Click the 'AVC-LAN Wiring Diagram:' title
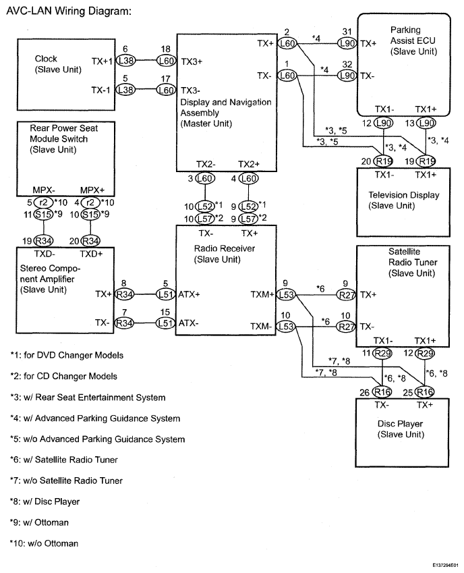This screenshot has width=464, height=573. pos(69,11)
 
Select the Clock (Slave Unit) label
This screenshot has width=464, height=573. pos(58,64)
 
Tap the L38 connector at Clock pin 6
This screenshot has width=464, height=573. pos(125,61)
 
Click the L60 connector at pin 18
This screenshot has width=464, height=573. pos(166,61)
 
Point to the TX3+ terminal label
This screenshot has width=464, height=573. pos(192,61)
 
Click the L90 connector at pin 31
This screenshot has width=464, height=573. pos(347,43)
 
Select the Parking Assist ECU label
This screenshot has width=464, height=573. pos(413,40)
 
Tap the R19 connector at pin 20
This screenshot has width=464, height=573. pos(383,161)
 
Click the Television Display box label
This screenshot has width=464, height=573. pos(403,200)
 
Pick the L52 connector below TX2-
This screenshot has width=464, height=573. pos(205,207)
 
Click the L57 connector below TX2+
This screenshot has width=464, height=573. pos(248,219)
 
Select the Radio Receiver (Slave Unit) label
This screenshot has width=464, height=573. pos(224,254)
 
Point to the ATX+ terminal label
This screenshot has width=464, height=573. pos(189,294)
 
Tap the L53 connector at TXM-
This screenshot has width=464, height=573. pos(286,327)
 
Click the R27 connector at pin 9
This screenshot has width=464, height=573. pos(346,294)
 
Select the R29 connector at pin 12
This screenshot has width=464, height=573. pos(425,354)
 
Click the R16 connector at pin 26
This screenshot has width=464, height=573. pos(382,392)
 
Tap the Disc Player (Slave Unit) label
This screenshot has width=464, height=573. pos(401,429)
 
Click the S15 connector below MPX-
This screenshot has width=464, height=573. pos(43,215)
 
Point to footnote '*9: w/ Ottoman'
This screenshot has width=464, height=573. pos(39,522)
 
